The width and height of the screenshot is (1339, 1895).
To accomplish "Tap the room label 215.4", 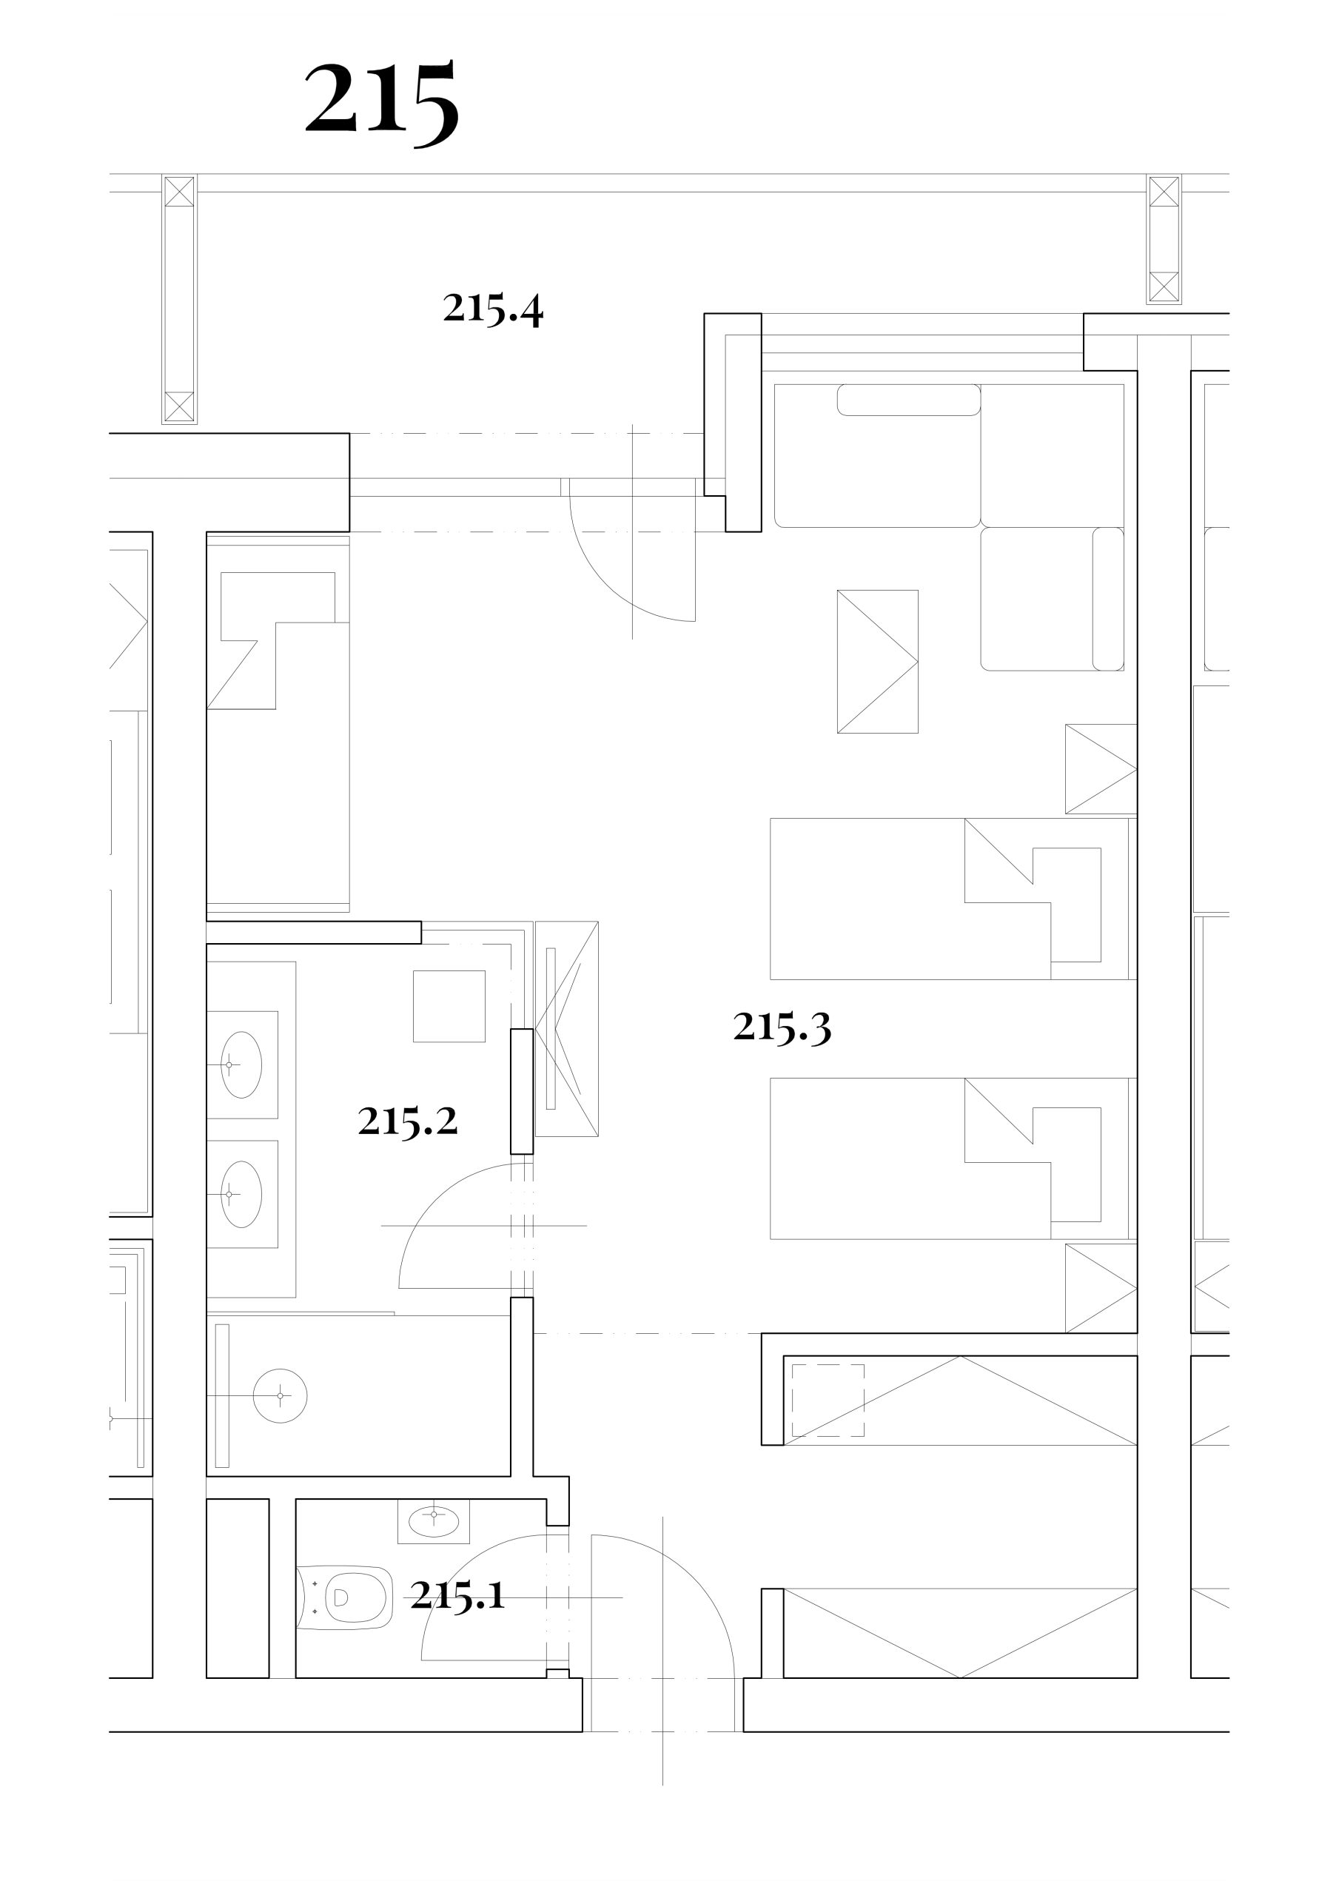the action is click(493, 309).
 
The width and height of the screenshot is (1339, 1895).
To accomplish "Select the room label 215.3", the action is click(782, 1027).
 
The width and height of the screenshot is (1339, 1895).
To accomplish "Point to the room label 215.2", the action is click(408, 1121).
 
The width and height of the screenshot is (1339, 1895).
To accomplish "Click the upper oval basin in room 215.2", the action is click(242, 1064).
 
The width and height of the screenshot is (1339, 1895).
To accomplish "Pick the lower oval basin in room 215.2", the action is click(242, 1194).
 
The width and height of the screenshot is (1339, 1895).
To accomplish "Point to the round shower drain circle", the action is click(280, 1395).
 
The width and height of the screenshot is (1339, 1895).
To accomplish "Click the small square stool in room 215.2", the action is click(449, 1006).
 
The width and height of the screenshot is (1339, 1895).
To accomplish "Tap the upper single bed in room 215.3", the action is click(953, 899).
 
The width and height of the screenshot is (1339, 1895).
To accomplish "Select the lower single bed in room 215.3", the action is click(953, 1158).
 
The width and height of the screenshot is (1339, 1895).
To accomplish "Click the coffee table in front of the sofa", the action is click(878, 661).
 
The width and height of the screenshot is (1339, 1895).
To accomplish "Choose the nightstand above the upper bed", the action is click(1101, 768).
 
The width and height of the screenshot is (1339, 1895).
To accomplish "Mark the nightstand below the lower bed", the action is click(1101, 1287).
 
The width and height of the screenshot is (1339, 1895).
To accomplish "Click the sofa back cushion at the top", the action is click(909, 400).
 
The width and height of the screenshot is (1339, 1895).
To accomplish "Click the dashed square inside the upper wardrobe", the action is click(828, 1400).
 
